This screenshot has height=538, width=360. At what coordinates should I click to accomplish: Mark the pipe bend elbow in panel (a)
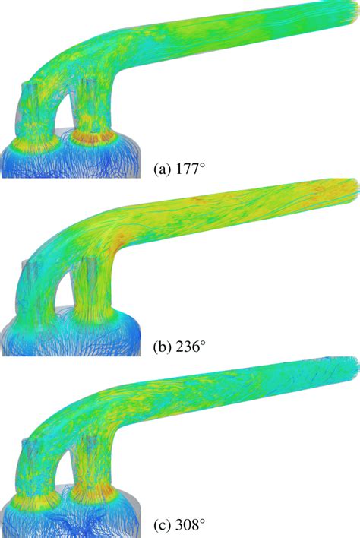114,68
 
